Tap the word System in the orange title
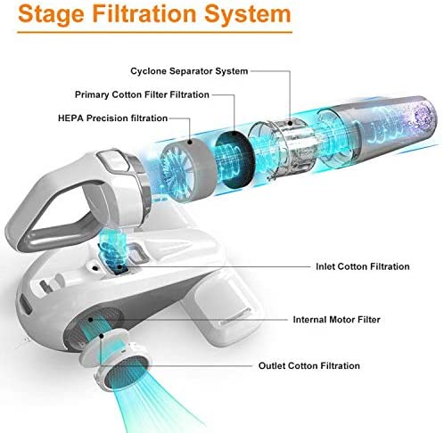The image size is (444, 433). point(247,14)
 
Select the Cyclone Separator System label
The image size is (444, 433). point(189,71)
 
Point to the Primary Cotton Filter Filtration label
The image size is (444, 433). point(142,94)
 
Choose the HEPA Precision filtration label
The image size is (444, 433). point(113,118)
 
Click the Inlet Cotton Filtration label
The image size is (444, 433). point(363,266)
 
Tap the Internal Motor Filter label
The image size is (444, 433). point(336,320)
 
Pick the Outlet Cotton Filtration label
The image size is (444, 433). point(309,365)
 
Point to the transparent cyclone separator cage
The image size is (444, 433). point(281,148)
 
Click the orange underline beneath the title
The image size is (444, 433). point(154,32)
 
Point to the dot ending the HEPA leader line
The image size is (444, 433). point(190,143)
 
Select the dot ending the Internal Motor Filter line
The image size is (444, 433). point(91,320)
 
